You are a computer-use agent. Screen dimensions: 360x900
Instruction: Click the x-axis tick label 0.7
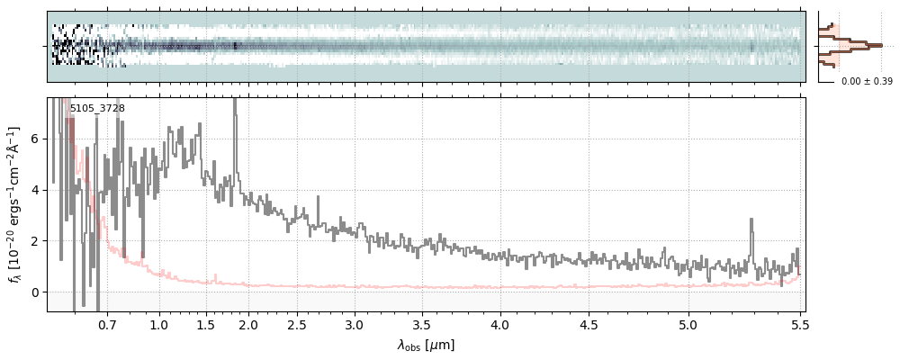coord(107,324)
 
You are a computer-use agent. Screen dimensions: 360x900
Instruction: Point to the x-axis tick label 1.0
coord(159,324)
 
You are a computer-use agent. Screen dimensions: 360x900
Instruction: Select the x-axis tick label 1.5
coord(206,324)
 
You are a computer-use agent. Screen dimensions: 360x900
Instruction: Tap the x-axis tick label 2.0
coord(248,324)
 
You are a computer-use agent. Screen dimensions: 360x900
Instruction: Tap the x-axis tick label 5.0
coord(688,324)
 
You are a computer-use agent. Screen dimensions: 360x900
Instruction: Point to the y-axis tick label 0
coord(35,292)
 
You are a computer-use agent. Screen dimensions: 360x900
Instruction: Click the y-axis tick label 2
coord(35,241)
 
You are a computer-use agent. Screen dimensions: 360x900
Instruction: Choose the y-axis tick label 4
coord(35,190)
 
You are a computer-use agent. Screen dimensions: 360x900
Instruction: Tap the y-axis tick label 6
coord(35,139)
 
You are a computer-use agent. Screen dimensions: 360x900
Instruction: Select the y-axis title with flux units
coord(13,204)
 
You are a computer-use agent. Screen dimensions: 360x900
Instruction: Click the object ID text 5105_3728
coord(97,108)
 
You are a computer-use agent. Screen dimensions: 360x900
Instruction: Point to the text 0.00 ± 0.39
coord(867,81)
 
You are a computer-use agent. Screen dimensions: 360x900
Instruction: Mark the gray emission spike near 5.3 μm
coord(751,221)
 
